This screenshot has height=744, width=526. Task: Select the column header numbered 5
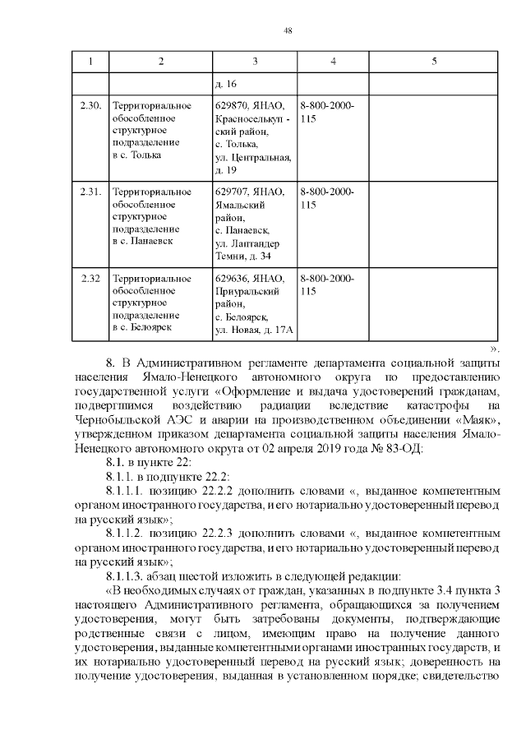tap(433, 62)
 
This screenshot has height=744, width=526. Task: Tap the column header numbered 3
tap(255, 62)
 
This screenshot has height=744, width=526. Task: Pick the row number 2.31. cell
tap(90, 192)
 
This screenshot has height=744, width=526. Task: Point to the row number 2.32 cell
tap(90, 278)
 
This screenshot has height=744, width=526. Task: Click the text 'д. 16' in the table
tap(225, 84)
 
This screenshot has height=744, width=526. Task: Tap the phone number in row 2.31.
tap(327, 198)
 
